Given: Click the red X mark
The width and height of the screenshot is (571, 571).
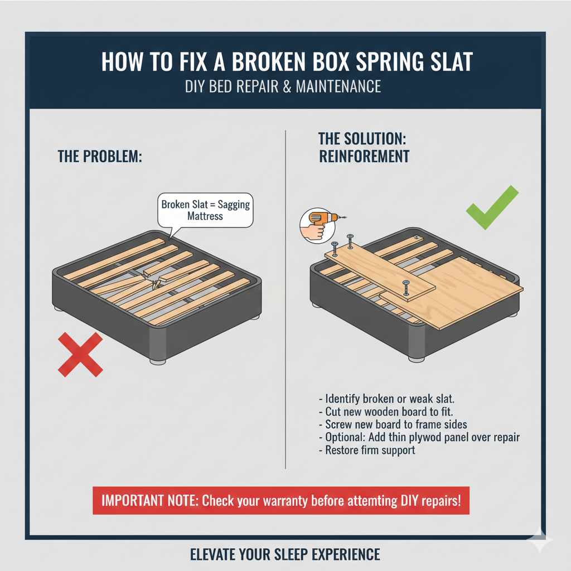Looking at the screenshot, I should click(80, 354).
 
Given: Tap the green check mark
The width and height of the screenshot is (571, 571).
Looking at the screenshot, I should click(491, 209).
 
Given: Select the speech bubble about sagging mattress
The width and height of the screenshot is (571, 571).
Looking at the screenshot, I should click(205, 210).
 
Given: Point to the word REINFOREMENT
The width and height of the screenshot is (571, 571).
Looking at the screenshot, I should click(364, 156).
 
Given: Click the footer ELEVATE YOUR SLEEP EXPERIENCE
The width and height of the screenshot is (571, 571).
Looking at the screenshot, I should click(285, 555).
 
